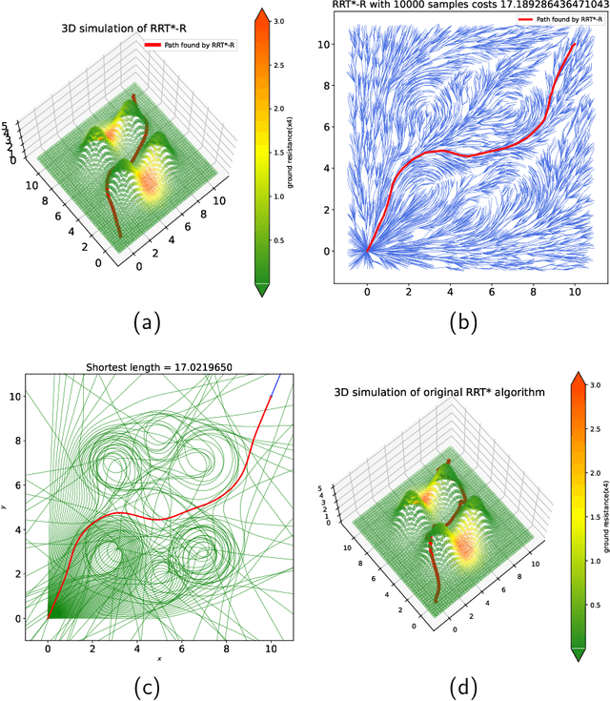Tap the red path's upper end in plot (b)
click(x=575, y=43)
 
